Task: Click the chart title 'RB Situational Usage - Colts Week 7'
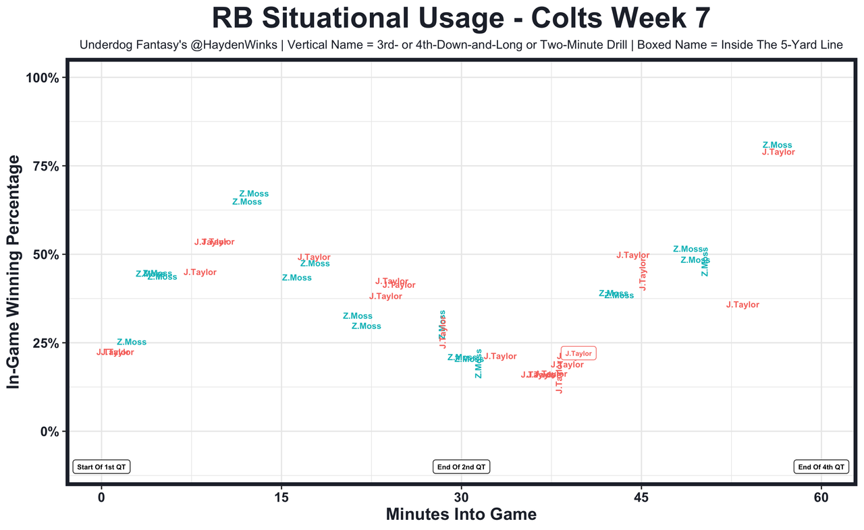(x=461, y=18)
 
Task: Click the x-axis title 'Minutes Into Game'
(x=461, y=514)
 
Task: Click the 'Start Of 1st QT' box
(x=101, y=467)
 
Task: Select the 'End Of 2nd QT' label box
(x=462, y=467)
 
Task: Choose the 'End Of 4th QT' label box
(x=821, y=467)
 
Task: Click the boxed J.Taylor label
(x=578, y=353)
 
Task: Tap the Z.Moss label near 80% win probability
(x=777, y=145)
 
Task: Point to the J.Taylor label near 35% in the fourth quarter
(x=742, y=305)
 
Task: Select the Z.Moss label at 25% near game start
(x=131, y=343)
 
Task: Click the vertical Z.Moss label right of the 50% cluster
(x=705, y=262)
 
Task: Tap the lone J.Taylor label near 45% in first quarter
(x=200, y=272)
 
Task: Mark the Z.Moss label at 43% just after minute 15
(x=296, y=278)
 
